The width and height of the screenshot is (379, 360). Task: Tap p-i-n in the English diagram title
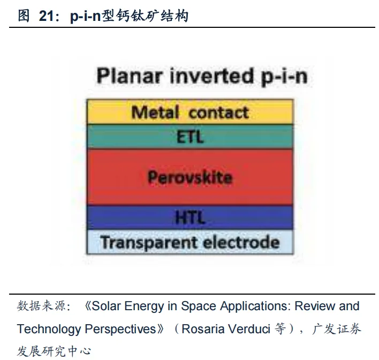(x=285, y=77)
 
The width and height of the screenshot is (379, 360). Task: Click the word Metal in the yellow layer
(x=155, y=112)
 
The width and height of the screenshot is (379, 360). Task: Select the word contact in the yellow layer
(x=219, y=112)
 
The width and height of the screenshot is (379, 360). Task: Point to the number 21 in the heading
(x=47, y=16)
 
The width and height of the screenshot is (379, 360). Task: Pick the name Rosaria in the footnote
(x=201, y=328)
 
